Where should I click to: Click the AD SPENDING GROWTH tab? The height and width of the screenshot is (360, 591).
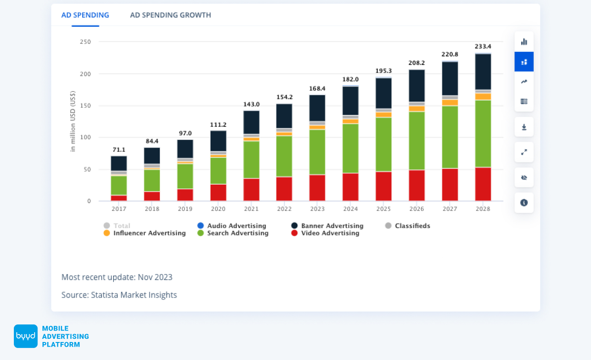tap(170, 15)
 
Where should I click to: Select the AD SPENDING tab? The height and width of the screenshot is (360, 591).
tap(85, 15)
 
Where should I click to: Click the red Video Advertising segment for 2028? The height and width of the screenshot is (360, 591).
tap(483, 184)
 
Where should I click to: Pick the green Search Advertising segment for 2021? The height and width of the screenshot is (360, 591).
tap(251, 160)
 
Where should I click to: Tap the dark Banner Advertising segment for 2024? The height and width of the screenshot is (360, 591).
tap(350, 101)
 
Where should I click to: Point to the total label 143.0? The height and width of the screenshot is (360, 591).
tap(251, 104)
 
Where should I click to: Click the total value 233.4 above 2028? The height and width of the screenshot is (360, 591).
tap(483, 47)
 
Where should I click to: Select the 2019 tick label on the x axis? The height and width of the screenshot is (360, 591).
tap(185, 209)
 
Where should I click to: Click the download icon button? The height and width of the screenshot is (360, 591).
tap(524, 127)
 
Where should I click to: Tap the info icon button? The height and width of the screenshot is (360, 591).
tap(524, 203)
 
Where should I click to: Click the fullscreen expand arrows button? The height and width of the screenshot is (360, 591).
tap(524, 152)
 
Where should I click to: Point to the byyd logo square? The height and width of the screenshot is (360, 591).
tap(26, 336)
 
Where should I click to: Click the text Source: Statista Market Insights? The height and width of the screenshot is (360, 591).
tap(119, 294)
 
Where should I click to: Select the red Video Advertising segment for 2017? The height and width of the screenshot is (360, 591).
tap(119, 198)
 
